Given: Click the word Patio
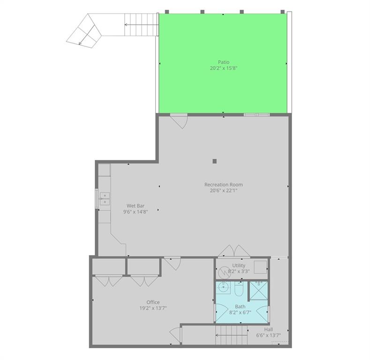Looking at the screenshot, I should pos(223,62).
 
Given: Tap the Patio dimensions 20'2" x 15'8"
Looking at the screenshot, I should pos(223,68).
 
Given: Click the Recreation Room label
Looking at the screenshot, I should pos(223,184).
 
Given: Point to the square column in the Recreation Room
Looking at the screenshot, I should pos(215,161).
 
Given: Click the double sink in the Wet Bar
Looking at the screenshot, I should pos(104,199).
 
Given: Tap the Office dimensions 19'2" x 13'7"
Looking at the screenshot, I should pos(153,308).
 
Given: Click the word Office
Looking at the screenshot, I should pos(153,302).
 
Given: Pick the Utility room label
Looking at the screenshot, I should pos(239,265).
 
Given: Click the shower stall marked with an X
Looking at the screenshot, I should pos(257,290).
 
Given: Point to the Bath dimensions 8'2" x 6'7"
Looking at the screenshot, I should pos(240,312).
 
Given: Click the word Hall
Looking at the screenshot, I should pos(269,330).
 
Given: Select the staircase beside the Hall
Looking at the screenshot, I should pos(231,336).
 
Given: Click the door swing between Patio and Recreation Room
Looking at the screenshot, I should pos(178,120).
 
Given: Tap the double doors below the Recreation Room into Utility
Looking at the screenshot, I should pos(233,251).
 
